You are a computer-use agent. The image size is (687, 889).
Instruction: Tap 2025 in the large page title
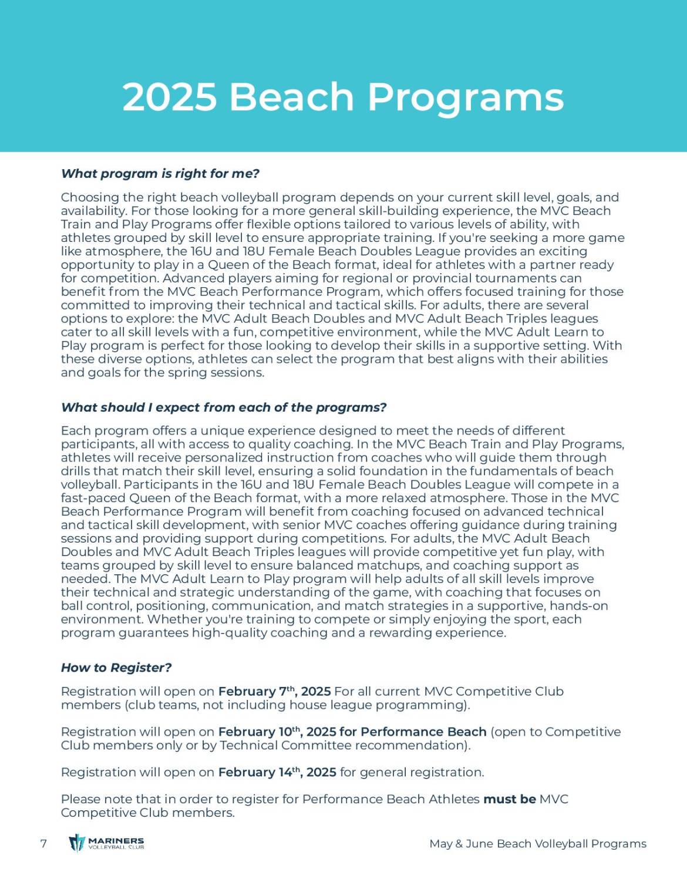[170, 97]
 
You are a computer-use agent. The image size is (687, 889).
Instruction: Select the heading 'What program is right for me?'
[160, 174]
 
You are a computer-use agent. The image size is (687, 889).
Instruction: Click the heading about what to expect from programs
[224, 408]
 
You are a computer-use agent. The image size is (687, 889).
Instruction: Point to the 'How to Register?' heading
[116, 668]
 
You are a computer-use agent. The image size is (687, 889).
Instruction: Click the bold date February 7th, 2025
[274, 692]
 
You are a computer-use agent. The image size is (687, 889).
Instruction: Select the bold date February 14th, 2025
[277, 772]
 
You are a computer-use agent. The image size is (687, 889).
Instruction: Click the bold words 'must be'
[509, 799]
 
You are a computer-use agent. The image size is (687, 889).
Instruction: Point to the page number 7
[43, 844]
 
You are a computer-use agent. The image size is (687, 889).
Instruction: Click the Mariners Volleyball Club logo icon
[77, 843]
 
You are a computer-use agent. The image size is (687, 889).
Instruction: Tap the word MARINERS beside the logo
[116, 840]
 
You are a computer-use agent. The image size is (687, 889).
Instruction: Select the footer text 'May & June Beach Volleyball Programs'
[537, 844]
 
